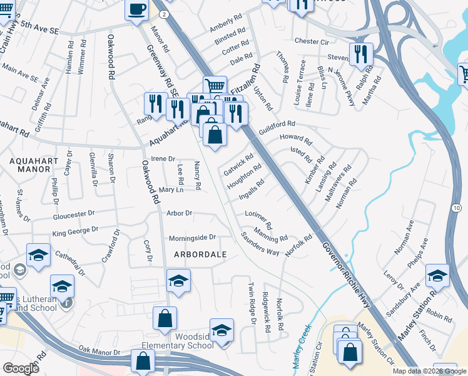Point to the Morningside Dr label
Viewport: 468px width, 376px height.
coord(192,238)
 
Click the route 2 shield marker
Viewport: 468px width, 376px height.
coord(163,13)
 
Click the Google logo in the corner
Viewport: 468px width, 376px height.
coord(21,368)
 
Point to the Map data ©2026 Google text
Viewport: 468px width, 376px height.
coord(429,371)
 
